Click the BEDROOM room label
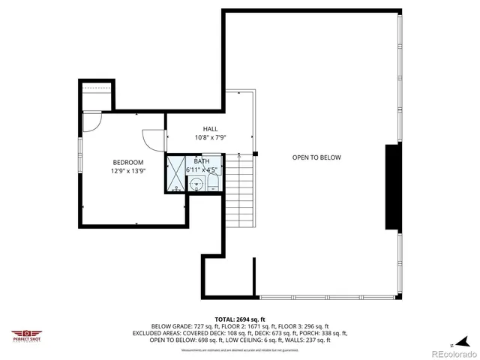point(127,162)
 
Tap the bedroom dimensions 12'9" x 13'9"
point(127,171)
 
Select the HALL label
point(210,129)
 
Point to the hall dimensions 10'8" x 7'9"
point(210,138)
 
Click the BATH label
point(202,161)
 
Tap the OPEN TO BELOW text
point(316,157)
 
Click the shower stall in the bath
point(176,174)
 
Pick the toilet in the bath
point(213,180)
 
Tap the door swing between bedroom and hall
point(154,139)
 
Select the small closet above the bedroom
point(96,96)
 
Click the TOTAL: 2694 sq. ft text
point(239,319)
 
